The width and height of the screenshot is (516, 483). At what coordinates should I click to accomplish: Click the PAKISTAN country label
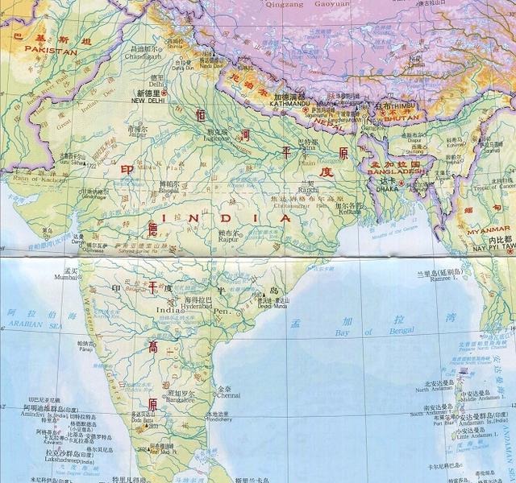click(50, 51)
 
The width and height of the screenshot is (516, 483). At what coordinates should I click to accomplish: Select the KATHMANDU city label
click(291, 102)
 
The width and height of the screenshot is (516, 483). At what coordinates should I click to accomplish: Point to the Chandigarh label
click(146, 56)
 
